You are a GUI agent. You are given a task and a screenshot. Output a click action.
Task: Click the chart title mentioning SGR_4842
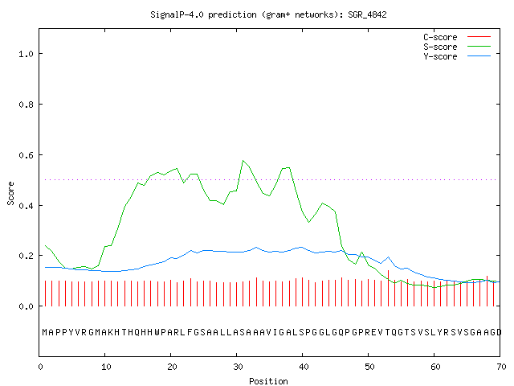[268, 14]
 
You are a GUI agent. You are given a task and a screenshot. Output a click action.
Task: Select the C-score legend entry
[457, 37]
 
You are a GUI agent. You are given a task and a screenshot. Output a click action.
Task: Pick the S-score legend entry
[457, 47]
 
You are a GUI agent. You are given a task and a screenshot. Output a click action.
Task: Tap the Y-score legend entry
[457, 56]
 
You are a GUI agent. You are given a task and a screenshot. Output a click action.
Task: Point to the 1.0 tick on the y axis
[27, 54]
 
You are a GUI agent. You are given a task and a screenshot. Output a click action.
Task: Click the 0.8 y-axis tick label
[27, 105]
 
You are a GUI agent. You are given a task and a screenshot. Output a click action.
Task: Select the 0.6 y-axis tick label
[27, 155]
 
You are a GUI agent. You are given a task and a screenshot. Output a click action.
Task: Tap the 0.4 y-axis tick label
[27, 206]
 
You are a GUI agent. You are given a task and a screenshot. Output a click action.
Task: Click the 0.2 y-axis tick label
[27, 256]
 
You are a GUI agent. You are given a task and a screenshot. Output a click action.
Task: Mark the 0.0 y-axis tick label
[27, 306]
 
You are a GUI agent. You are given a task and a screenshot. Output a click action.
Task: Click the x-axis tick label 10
[106, 367]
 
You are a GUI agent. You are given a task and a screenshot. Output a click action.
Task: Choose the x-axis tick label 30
[238, 367]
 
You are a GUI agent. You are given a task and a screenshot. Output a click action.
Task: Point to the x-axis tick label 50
[369, 367]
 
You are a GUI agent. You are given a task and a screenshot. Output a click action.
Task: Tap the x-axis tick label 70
[501, 367]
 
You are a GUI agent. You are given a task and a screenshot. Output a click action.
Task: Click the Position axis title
[268, 381]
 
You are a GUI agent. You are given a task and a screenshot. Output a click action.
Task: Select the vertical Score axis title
[10, 193]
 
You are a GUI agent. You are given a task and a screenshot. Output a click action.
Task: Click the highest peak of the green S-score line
[243, 161]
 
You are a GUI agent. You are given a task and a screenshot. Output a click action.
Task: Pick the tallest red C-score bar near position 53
[388, 288]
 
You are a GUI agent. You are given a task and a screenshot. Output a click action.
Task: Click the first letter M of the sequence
[45, 332]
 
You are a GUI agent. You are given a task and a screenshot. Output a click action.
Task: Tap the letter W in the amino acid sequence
[157, 332]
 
